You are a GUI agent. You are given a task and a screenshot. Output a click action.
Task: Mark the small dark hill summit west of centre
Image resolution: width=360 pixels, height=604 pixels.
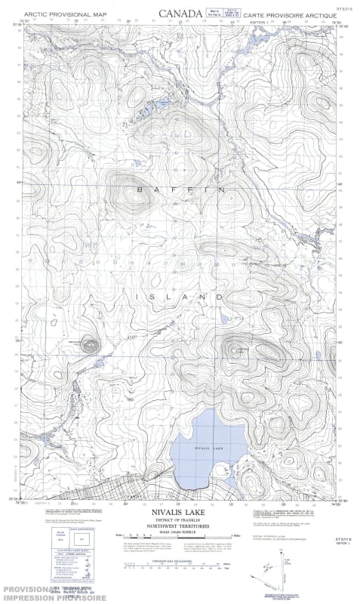(89, 345)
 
